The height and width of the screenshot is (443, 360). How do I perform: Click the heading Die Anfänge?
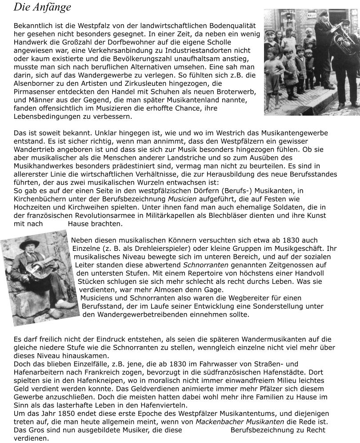click(42, 8)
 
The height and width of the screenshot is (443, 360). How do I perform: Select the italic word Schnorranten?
click(206, 265)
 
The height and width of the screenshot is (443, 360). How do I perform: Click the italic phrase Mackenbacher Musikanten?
click(240, 422)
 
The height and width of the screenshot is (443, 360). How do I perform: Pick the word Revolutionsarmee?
click(104, 215)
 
